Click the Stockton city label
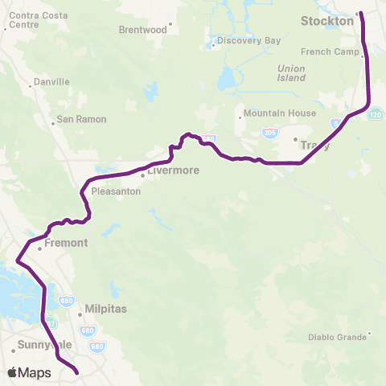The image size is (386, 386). (x=326, y=21)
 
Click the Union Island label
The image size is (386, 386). (x=291, y=73)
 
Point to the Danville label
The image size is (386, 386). (x=50, y=82)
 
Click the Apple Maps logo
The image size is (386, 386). (x=29, y=372)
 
